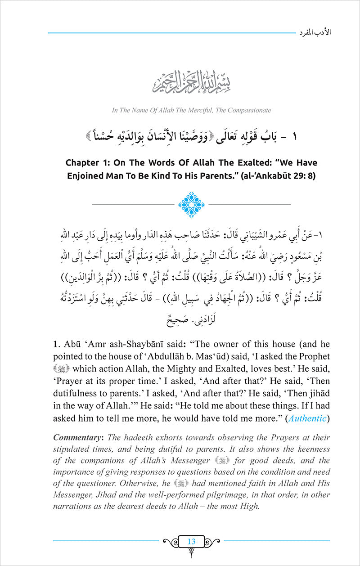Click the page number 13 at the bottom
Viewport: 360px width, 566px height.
click(x=191, y=542)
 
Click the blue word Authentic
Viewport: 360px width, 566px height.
click(x=307, y=418)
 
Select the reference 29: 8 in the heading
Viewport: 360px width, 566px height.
click(x=304, y=176)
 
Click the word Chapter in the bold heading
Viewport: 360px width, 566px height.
click(x=85, y=162)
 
